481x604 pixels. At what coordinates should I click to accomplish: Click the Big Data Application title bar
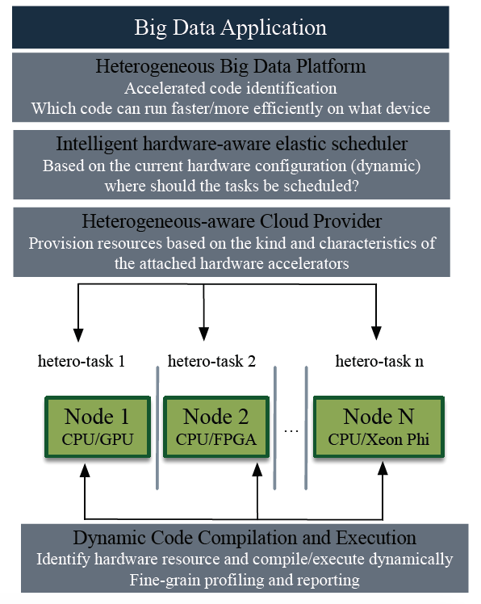230,27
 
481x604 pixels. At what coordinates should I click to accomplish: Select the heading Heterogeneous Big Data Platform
230,66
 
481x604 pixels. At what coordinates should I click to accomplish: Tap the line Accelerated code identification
230,88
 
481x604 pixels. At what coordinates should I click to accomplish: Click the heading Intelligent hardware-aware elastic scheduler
232,144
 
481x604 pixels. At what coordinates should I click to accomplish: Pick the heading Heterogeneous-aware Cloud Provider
232,221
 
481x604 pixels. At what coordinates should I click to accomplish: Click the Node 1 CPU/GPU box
98,427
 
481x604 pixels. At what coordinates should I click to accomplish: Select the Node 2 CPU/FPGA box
216,427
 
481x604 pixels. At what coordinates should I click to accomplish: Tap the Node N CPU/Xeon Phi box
379,427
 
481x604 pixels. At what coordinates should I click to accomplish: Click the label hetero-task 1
82,361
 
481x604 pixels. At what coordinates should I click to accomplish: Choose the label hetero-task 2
211,361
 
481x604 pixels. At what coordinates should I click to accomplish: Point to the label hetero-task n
379,361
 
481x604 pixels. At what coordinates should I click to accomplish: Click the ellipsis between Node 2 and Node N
291,432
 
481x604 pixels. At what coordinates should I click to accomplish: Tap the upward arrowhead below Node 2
257,470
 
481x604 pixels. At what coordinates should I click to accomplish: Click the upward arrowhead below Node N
383,468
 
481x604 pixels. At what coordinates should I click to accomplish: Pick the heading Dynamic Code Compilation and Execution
245,538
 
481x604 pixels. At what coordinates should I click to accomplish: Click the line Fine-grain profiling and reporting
245,580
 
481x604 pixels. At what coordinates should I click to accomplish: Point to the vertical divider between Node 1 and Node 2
157,428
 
